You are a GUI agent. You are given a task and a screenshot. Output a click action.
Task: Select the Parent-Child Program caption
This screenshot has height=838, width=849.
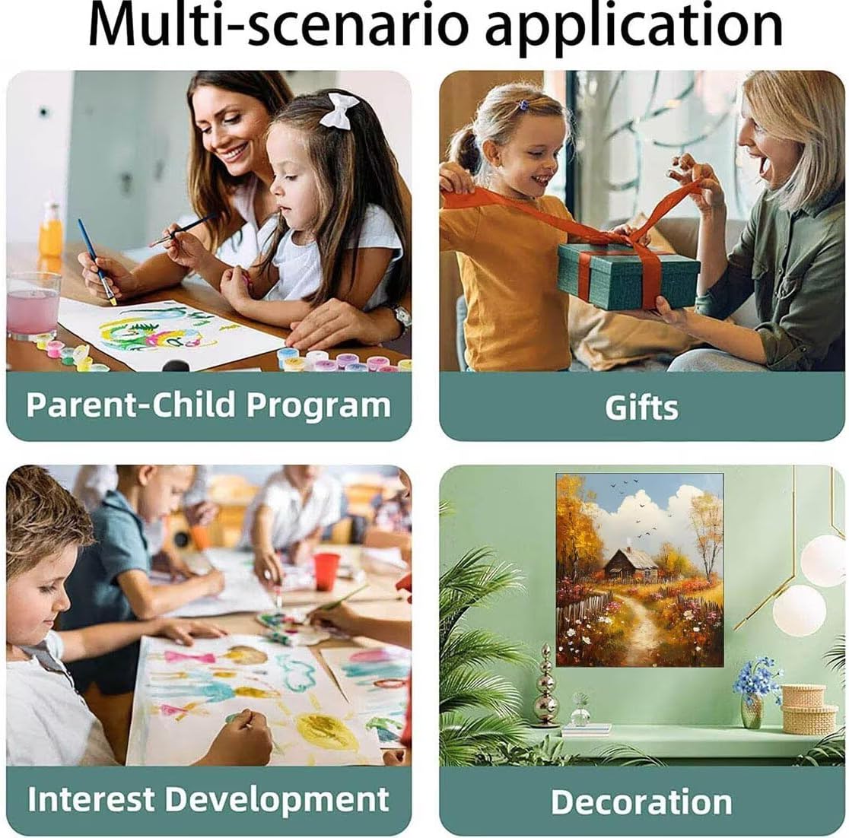click(x=208, y=405)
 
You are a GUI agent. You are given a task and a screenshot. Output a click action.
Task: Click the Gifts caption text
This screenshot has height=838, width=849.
click(x=641, y=408)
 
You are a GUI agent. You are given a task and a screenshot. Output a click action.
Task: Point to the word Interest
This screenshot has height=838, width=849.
click(x=91, y=798)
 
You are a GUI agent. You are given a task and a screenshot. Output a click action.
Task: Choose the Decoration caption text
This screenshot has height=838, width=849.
click(x=641, y=801)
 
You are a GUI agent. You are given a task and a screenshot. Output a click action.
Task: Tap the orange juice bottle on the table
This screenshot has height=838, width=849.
click(x=51, y=230)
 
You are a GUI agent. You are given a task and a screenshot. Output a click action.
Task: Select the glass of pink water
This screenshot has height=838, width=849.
click(x=33, y=304)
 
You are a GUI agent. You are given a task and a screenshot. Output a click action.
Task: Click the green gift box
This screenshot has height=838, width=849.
click(x=628, y=275)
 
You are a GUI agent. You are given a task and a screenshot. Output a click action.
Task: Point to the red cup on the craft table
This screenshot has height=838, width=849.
click(x=326, y=572)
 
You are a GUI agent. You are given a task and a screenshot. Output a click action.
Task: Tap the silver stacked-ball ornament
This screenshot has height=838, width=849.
click(x=545, y=686)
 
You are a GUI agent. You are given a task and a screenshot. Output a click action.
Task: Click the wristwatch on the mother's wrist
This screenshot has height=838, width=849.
click(x=402, y=316)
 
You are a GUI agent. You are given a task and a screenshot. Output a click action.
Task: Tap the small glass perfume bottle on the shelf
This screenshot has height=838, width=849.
click(x=580, y=710)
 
